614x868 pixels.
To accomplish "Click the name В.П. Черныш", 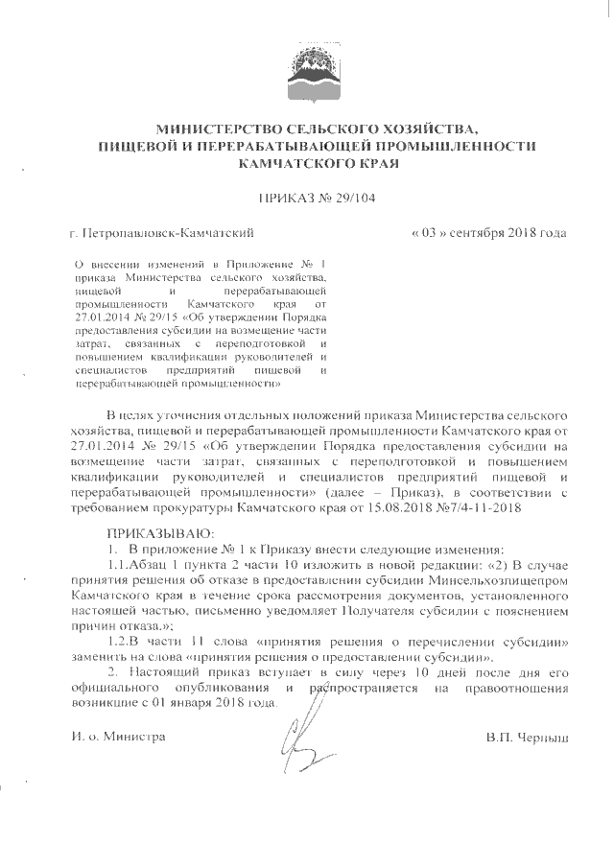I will click(529, 737).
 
